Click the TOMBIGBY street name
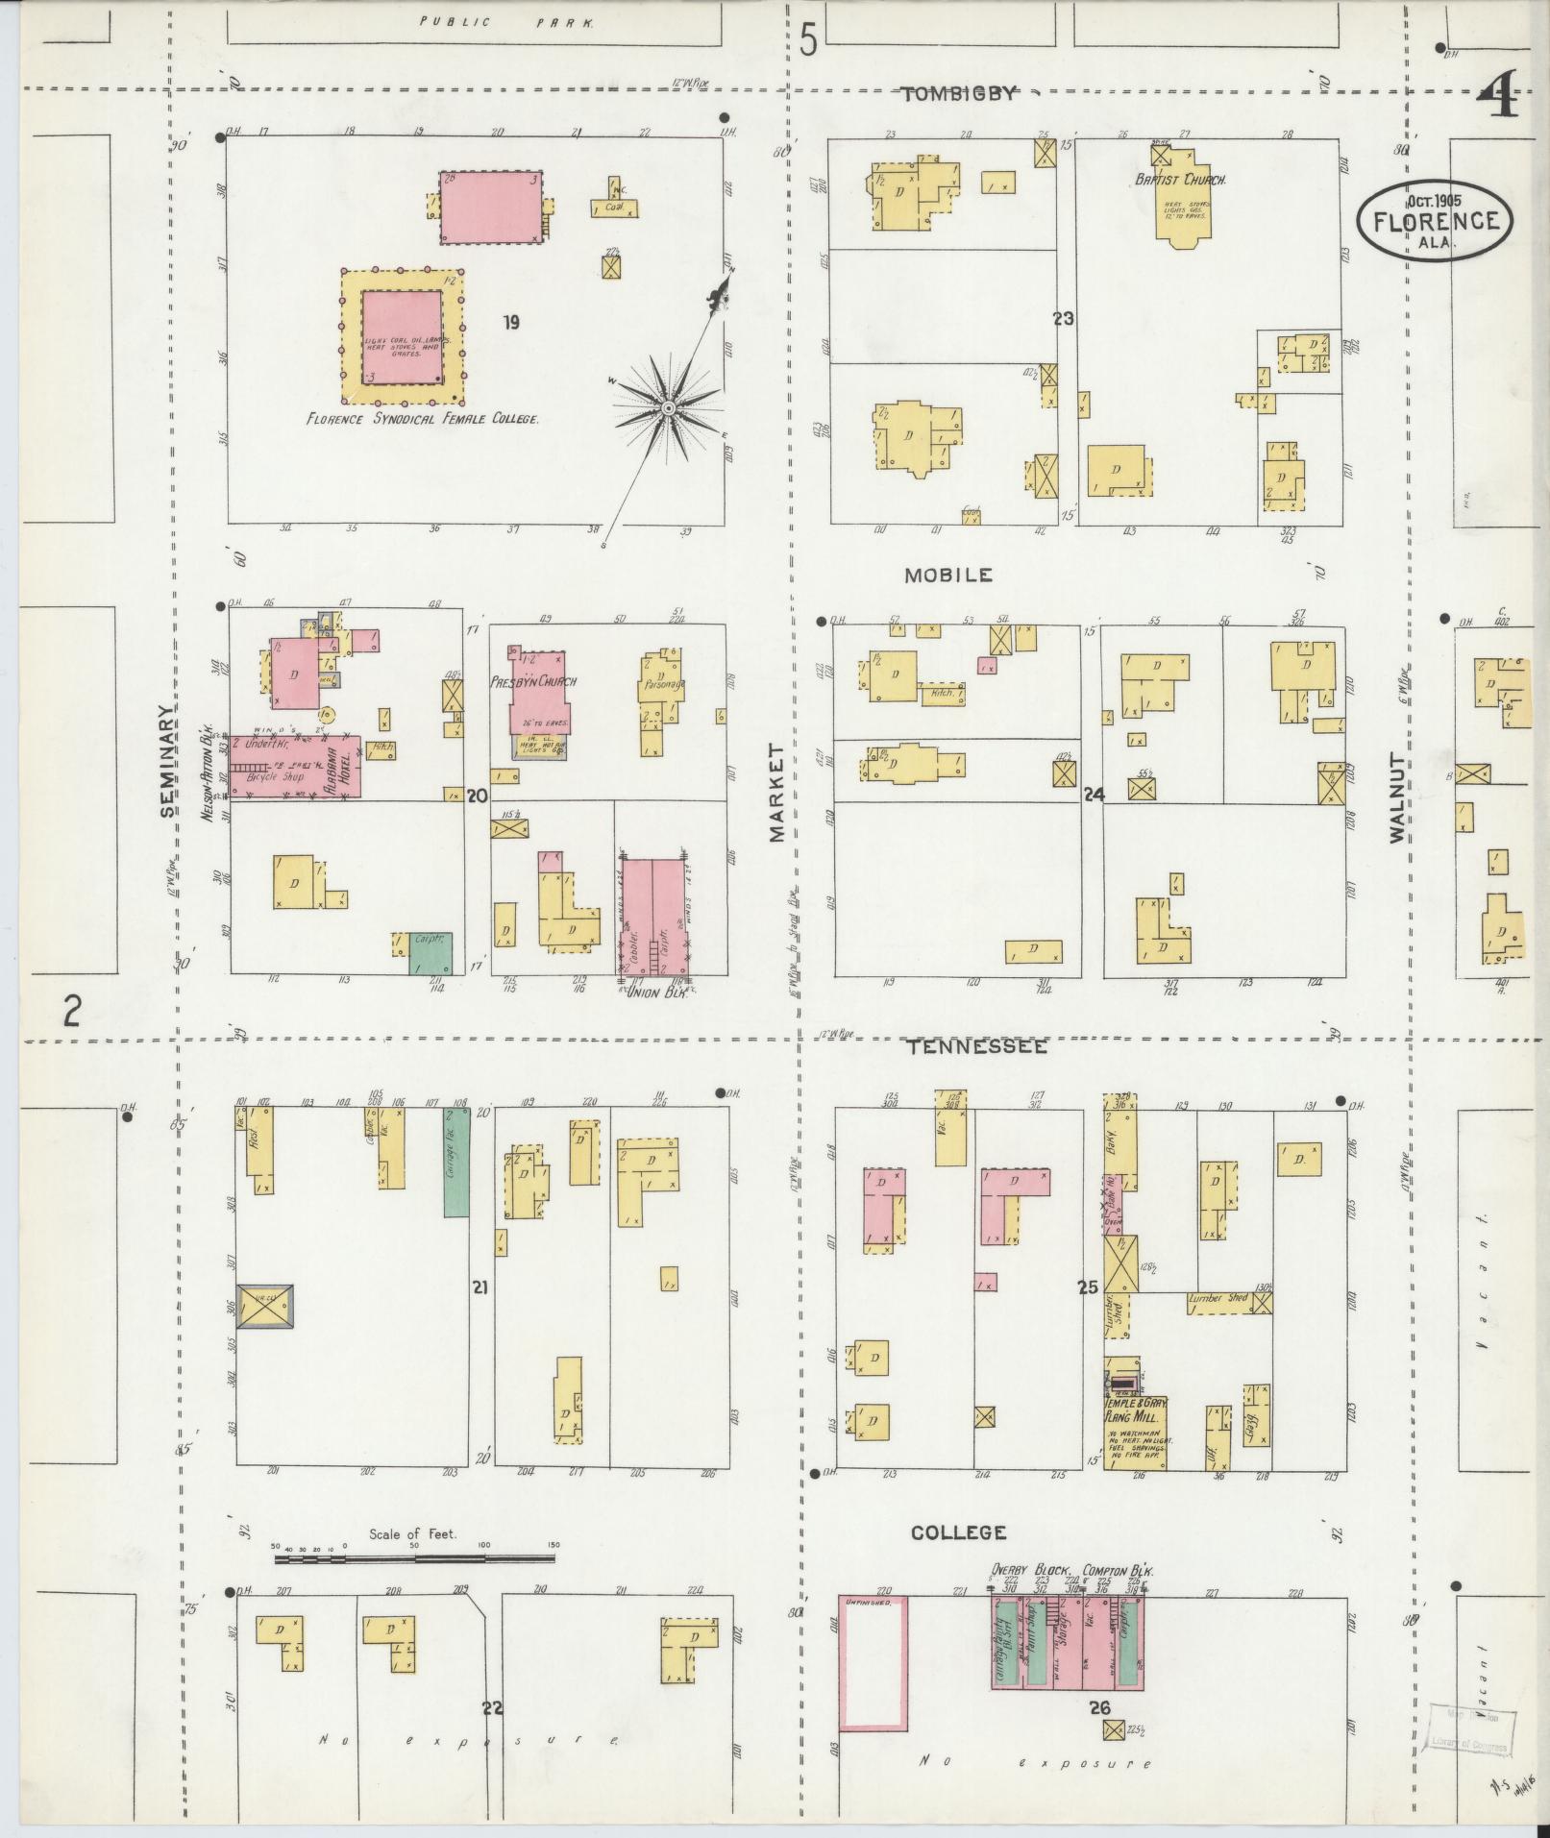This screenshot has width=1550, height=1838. tap(958, 94)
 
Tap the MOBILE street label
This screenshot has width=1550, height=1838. tap(947, 576)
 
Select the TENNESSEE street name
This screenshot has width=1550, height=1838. tap(978, 1046)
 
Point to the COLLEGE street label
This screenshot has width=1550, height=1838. tap(958, 1532)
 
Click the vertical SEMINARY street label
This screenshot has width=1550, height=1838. tap(169, 762)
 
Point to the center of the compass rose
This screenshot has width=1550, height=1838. tap(667, 410)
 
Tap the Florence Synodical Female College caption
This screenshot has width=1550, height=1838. tap(422, 419)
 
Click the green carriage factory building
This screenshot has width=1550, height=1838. tap(456, 1162)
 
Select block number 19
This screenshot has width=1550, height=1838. tap(510, 322)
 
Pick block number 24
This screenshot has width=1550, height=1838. tap(1093, 795)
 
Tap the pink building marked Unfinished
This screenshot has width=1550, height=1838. tap(873, 1663)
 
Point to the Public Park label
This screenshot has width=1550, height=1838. tap(506, 21)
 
